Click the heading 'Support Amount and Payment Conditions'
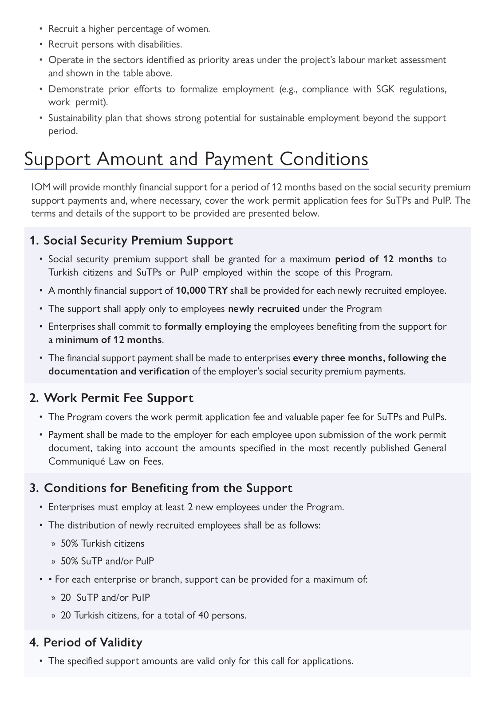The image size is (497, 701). (196, 159)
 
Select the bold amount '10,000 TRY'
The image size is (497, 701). (202, 291)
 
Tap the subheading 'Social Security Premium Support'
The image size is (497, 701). (138, 240)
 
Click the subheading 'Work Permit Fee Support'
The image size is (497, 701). (118, 398)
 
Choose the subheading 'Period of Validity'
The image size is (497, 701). (93, 642)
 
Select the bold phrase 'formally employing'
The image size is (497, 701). (208, 327)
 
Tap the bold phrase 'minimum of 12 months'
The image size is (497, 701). (108, 340)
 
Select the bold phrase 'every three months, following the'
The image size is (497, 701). (370, 358)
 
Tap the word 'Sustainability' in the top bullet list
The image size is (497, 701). (77, 118)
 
